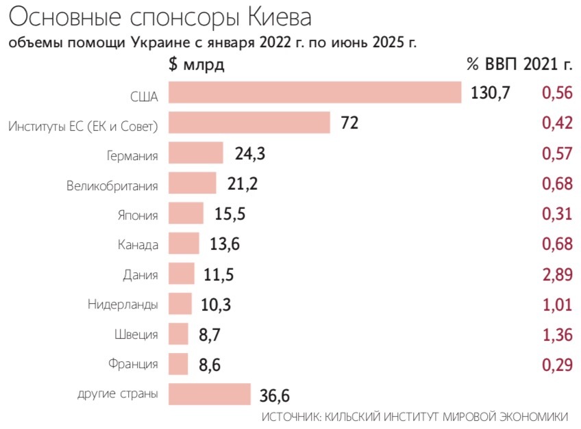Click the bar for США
[x=314, y=92]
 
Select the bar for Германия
[x=195, y=153]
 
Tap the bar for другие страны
[x=209, y=395]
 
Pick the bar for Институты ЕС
[x=249, y=123]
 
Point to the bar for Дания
[x=181, y=274]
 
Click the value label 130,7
[x=491, y=93]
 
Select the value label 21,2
[x=240, y=183]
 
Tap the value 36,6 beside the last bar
[x=275, y=396]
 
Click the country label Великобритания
[x=112, y=185]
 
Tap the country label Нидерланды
[x=123, y=304]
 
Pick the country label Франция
[x=133, y=364]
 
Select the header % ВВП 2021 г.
[x=519, y=66]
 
